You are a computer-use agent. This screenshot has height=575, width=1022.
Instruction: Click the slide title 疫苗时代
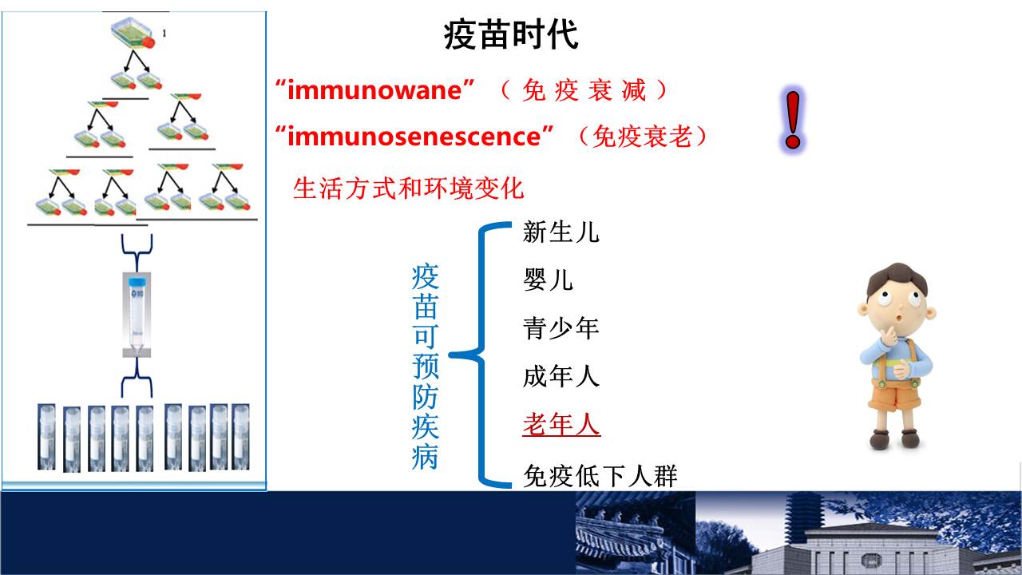pyautogui.click(x=511, y=34)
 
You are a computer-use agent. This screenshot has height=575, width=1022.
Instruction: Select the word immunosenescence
pyautogui.click(x=414, y=137)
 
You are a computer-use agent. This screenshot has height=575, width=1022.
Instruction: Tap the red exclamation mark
pyautogui.click(x=793, y=120)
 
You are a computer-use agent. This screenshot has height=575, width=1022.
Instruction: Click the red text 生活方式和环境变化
pyautogui.click(x=408, y=188)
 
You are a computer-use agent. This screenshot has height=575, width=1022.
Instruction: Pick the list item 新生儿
pyautogui.click(x=561, y=232)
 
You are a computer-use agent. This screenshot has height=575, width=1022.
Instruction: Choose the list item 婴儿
pyautogui.click(x=548, y=280)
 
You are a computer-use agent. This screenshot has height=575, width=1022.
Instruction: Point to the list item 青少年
pyautogui.click(x=561, y=328)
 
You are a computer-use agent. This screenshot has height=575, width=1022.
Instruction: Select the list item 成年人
pyautogui.click(x=561, y=376)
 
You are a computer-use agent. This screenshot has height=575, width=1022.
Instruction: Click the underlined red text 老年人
pyautogui.click(x=561, y=424)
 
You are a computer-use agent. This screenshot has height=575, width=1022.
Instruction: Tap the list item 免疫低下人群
pyautogui.click(x=600, y=476)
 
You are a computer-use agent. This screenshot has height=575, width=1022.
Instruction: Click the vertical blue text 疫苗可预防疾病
pyautogui.click(x=426, y=366)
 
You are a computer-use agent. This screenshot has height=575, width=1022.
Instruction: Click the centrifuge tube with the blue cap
pyautogui.click(x=137, y=314)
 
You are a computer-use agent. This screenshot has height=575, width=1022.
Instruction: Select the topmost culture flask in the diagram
pyautogui.click(x=133, y=33)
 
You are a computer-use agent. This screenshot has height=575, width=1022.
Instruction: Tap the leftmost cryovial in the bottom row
pyautogui.click(x=46, y=437)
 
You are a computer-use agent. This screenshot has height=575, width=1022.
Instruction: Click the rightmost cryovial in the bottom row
pyautogui.click(x=240, y=437)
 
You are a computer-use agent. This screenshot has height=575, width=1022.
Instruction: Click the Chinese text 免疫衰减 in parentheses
pyautogui.click(x=584, y=90)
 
